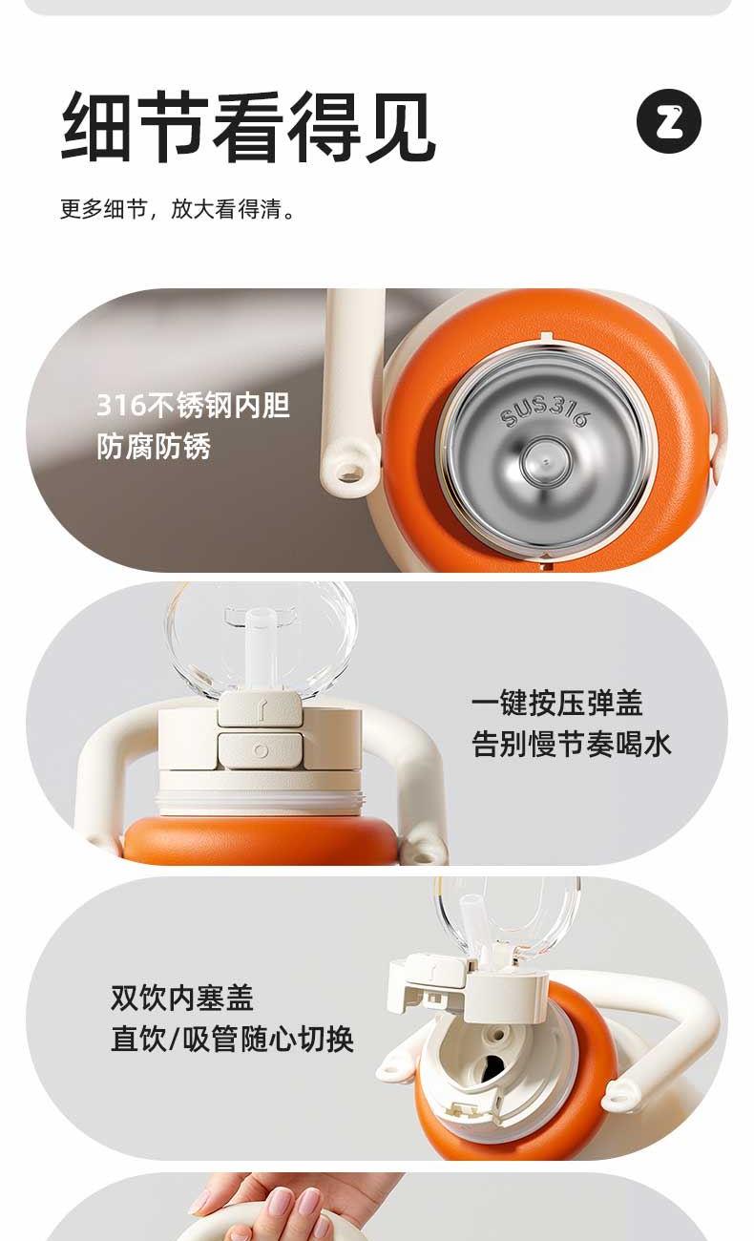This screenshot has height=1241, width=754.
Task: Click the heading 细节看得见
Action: pyautogui.click(x=247, y=127)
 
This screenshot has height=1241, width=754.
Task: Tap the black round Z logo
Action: pyautogui.click(x=669, y=121)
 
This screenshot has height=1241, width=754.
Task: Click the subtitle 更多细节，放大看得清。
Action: pyautogui.click(x=178, y=209)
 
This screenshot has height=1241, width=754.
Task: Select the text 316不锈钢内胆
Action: pyautogui.click(x=194, y=406)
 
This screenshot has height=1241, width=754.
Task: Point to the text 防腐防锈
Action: pyautogui.click(x=154, y=447)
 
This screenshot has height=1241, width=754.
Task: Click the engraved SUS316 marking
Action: pyautogui.click(x=542, y=412)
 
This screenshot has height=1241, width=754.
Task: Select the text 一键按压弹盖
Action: pyautogui.click(x=556, y=703)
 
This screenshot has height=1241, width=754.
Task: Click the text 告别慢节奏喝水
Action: pyautogui.click(x=571, y=744)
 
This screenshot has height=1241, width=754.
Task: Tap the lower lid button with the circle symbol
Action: pyautogui.click(x=261, y=750)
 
